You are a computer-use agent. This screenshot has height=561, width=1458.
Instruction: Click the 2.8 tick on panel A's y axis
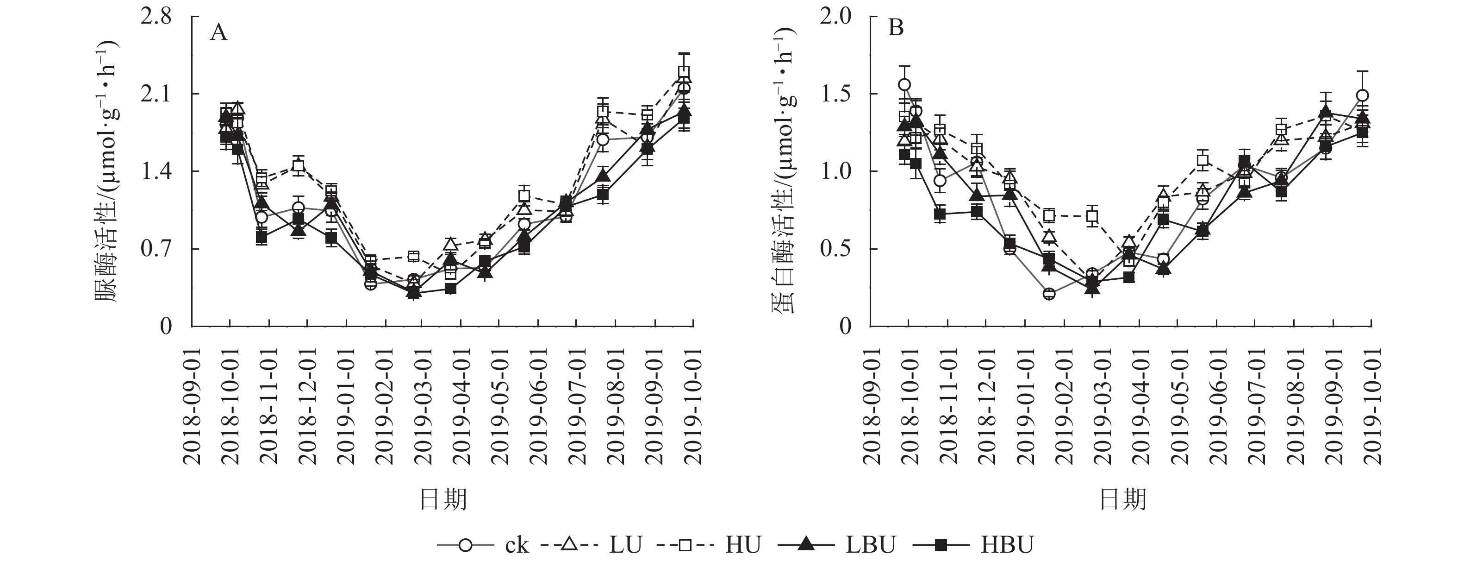156,17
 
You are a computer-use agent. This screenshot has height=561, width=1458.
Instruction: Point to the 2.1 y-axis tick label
156,94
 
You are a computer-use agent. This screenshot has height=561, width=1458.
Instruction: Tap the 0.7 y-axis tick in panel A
156,249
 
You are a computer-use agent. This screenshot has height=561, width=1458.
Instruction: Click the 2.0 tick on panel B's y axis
835,17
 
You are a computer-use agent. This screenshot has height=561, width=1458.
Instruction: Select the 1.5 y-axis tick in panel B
835,94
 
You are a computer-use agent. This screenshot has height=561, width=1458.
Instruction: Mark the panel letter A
218,33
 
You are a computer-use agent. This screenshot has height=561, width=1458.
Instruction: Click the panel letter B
896,27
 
